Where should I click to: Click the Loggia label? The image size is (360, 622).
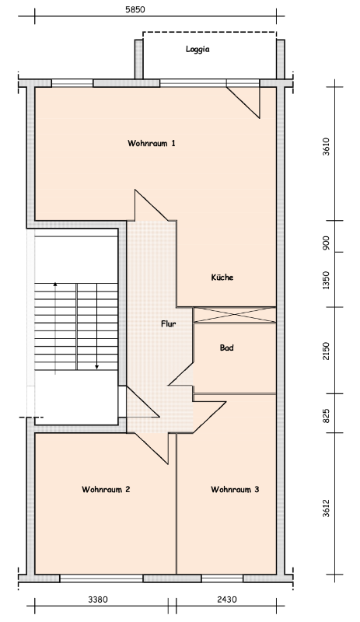click(197, 50)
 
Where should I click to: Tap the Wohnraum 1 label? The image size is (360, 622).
click(151, 143)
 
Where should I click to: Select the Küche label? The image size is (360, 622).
click(222, 278)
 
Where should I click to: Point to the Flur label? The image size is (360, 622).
click(168, 323)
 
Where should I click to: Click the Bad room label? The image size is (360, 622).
click(226, 348)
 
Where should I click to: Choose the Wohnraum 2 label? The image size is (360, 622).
click(106, 489)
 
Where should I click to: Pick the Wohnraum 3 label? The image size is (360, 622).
click(235, 489)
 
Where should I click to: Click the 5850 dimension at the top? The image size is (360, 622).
click(135, 9)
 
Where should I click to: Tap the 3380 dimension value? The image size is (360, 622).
click(98, 599)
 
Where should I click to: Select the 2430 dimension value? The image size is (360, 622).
click(227, 599)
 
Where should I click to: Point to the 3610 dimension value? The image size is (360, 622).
click(326, 146)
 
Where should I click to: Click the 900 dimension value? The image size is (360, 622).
click(326, 243)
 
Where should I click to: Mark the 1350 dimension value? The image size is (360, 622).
click(326, 280)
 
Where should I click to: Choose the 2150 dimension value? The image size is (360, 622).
click(326, 351)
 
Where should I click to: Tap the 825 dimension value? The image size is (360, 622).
click(326, 416)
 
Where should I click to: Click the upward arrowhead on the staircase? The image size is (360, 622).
click(55, 284)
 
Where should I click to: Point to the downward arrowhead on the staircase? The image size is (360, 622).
click(97, 367)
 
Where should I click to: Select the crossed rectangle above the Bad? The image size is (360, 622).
click(235, 316)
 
